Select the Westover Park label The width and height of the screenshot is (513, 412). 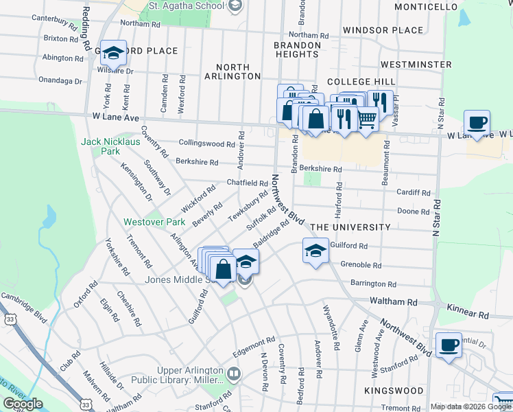point(150,222)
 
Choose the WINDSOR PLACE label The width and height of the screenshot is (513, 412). point(383,30)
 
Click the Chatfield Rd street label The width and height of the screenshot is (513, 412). point(247,183)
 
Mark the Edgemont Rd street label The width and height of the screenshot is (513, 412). point(253,341)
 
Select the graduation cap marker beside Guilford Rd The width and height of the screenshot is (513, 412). point(315,251)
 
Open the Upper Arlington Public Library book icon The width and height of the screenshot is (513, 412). point(235,374)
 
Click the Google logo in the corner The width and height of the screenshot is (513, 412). point(23,404)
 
